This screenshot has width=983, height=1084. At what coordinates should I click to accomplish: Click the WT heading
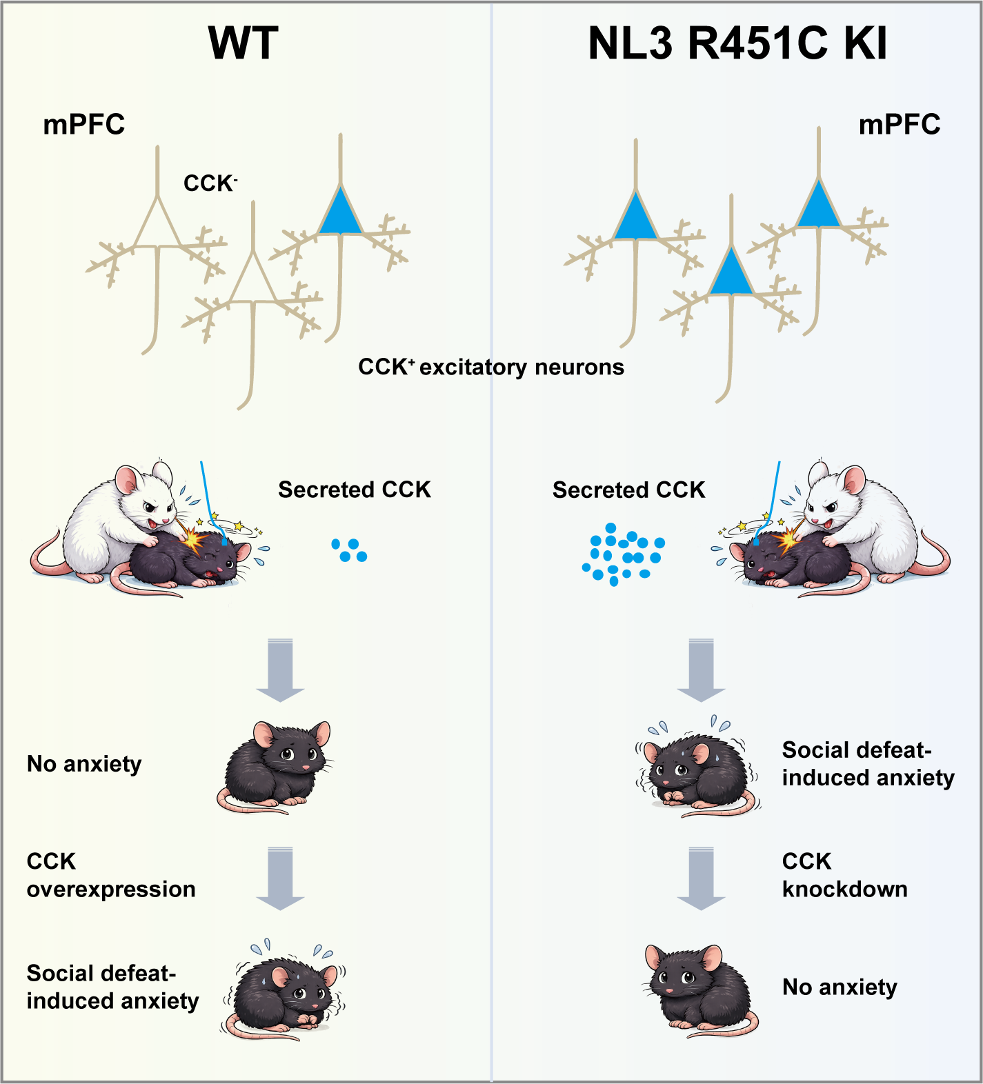243,43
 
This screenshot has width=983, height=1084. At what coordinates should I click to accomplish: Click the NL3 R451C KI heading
737,43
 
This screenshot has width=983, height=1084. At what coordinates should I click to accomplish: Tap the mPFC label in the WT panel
84,125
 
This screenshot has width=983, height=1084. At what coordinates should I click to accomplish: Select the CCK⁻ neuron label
210,183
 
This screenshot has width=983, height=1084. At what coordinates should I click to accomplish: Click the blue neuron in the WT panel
340,213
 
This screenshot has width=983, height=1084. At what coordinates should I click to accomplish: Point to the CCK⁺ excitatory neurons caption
490,367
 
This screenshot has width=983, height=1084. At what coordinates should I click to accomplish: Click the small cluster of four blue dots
350,550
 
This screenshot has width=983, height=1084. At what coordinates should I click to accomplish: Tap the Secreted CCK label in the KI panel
628,490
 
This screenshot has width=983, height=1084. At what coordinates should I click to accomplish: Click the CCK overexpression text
110,875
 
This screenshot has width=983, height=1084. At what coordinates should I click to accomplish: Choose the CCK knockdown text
844,875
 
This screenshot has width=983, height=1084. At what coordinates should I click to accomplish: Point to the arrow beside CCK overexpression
280,879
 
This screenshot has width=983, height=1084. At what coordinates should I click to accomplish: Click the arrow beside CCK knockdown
701,879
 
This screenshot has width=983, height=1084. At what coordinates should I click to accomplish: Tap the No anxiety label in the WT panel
84,764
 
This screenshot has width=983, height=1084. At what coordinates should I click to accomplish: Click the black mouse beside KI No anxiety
700,990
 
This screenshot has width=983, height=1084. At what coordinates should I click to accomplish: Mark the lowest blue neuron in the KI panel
731,273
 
